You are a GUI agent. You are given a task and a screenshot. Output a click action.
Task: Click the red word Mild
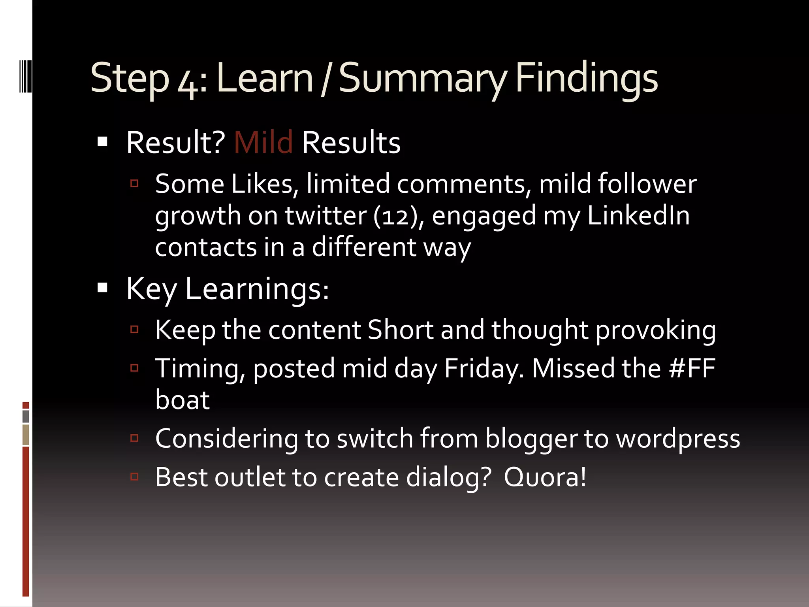[263, 142]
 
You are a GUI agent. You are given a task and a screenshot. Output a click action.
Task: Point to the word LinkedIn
[638, 215]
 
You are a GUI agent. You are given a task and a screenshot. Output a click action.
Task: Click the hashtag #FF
[692, 368]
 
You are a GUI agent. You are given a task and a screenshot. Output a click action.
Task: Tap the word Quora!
[545, 477]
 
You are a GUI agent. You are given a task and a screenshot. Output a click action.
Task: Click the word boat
[182, 400]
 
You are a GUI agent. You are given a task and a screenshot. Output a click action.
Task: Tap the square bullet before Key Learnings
[102, 288]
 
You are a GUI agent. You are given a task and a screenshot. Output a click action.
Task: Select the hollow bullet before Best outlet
[134, 477]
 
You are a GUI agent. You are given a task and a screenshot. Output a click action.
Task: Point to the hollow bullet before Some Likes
[134, 183]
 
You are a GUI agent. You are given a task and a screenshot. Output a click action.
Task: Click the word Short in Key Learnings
[400, 330]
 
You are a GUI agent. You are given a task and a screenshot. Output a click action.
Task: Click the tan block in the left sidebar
[26, 435]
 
